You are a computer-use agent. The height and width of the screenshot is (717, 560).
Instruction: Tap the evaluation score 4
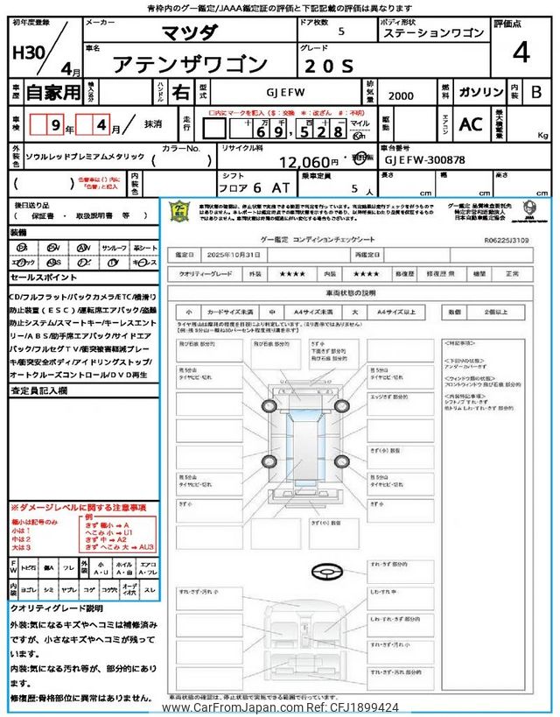click(x=521, y=53)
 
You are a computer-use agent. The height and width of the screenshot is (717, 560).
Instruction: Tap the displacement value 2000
click(x=402, y=93)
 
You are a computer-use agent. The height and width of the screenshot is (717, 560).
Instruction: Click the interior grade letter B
click(x=536, y=91)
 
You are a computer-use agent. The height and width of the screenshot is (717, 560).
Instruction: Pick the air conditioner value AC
click(x=470, y=124)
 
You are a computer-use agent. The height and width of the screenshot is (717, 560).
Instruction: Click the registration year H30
click(x=27, y=53)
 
